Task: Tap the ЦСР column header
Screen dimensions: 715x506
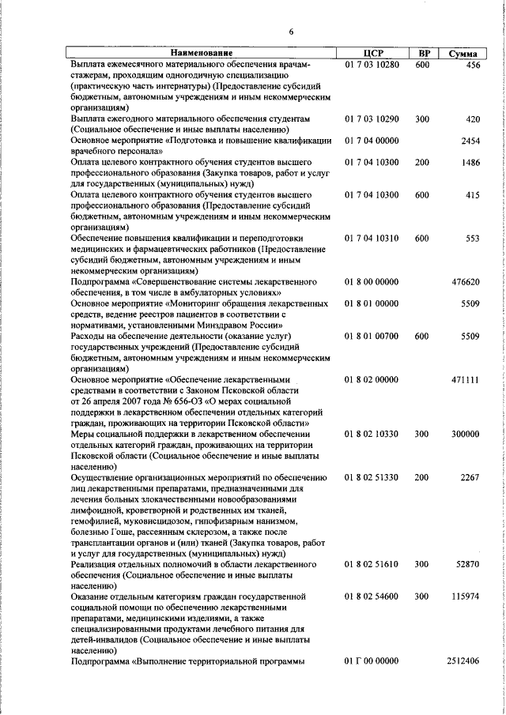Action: point(372,53)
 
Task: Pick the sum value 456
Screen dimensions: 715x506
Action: point(473,65)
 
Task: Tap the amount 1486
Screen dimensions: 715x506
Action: point(470,163)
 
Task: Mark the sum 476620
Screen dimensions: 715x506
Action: point(466,282)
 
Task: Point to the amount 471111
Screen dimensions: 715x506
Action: point(466,380)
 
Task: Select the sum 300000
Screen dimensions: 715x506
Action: point(466,435)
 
